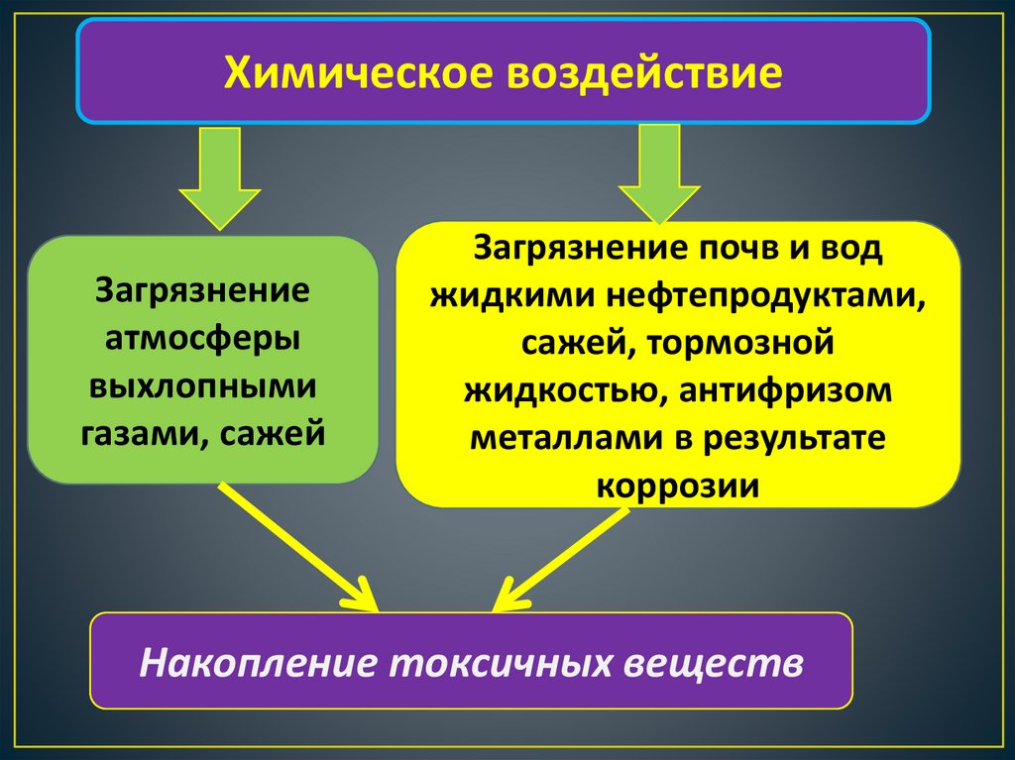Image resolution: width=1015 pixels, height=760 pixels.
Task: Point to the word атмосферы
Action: point(204,337)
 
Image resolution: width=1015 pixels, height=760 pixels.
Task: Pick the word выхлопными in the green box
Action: point(203,384)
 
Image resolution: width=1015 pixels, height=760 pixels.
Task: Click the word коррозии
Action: point(678,486)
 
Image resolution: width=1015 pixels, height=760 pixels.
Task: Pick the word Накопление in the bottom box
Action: point(257,662)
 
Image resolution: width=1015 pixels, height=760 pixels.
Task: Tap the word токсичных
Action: point(497,662)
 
